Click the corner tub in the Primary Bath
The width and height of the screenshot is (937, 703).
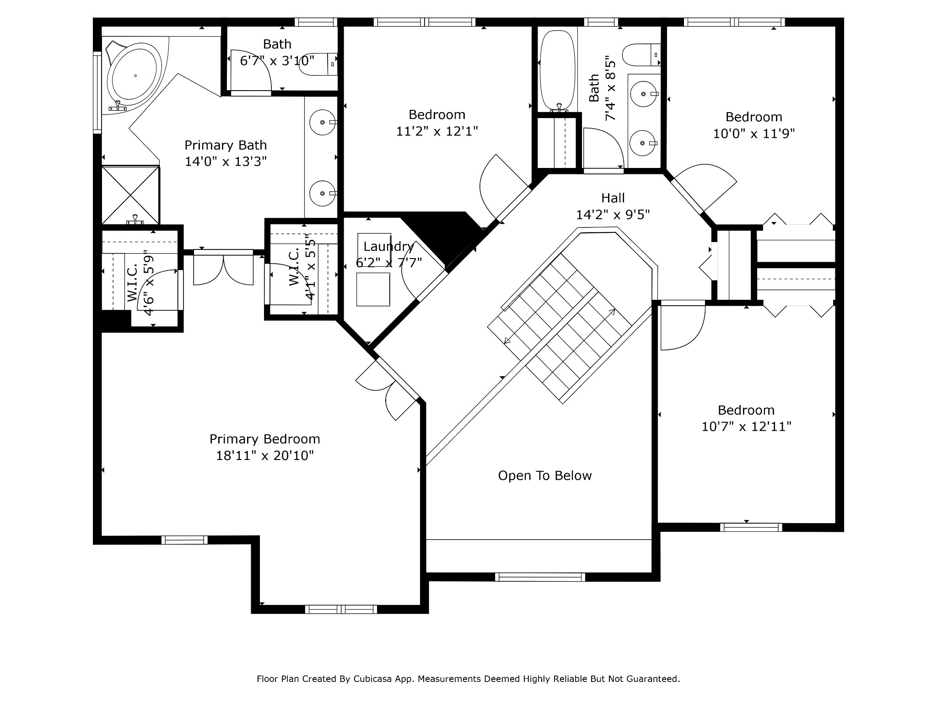pos(134,76)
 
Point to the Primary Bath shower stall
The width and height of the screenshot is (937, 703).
pos(130,195)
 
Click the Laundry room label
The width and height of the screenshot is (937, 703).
pos(388,247)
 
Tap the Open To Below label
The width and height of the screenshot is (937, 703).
pos(545,476)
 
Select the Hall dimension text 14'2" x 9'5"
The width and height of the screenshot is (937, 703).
pos(613,215)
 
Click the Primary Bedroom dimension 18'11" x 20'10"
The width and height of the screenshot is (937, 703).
pos(265,455)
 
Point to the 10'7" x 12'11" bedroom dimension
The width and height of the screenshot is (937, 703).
pos(746,427)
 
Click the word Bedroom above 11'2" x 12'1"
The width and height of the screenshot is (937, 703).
pos(437,114)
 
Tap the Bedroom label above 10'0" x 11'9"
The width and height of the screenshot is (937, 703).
pos(754,117)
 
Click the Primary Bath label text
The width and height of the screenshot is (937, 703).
pos(226,145)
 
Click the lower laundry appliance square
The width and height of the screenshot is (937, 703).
pos(373,289)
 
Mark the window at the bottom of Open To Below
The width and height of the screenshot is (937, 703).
pos(540,577)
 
